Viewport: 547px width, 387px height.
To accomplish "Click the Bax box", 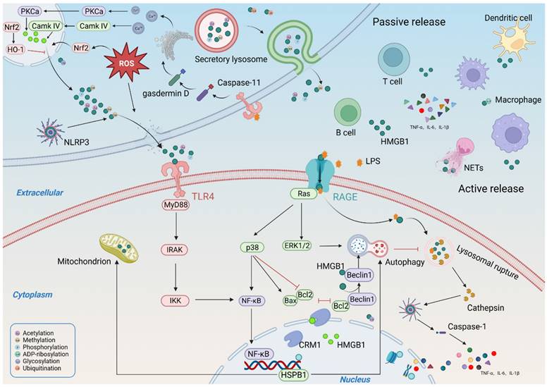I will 290,302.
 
